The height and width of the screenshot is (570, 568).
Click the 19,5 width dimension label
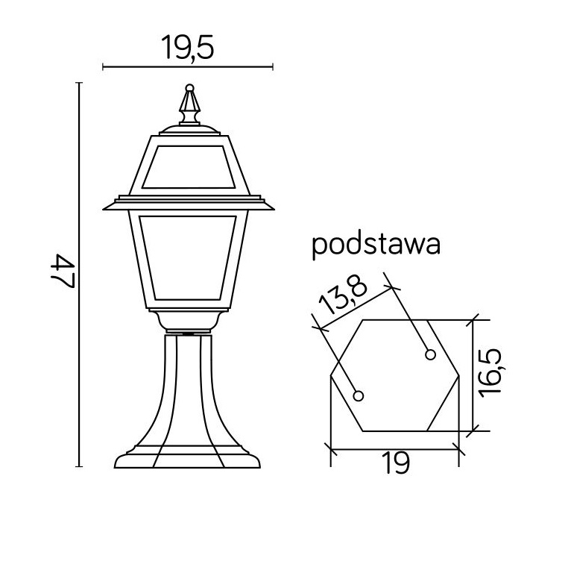pyautogui.click(x=187, y=48)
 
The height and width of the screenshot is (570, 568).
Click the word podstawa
pyautogui.click(x=376, y=245)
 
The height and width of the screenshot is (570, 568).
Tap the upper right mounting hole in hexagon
pyautogui.click(x=430, y=354)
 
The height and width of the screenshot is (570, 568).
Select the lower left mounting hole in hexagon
pyautogui.click(x=359, y=395)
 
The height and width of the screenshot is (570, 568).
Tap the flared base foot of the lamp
pyautogui.click(x=188, y=456)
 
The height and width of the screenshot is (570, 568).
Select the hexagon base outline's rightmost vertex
pyautogui.click(x=459, y=376)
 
